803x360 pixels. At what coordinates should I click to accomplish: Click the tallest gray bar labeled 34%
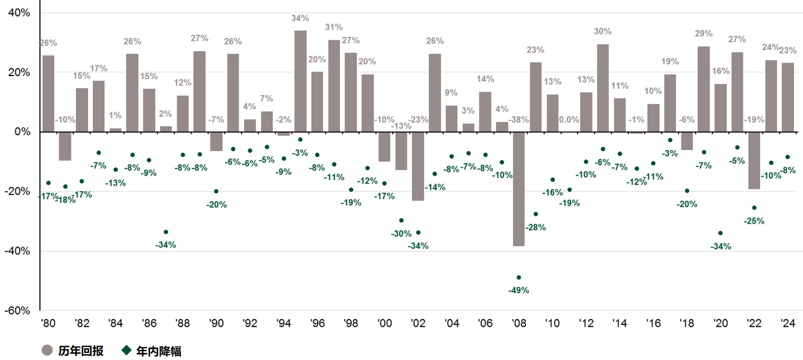point(301,81)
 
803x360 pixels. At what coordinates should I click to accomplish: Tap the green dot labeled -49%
point(518,277)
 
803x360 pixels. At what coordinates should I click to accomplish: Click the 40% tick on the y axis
point(18,12)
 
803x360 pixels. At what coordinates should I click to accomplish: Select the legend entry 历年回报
point(80,351)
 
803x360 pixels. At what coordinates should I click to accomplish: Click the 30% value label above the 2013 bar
point(603,32)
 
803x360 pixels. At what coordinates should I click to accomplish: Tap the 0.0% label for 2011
point(569,120)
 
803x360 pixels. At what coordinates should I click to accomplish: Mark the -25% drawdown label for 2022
point(754,221)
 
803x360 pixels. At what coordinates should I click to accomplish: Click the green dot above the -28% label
point(535,214)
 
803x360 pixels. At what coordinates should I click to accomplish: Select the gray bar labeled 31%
point(334,86)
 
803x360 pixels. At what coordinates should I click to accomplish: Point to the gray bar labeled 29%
point(704,89)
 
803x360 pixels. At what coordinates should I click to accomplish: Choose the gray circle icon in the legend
point(48,350)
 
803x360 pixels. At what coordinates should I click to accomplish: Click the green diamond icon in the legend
point(126,350)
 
